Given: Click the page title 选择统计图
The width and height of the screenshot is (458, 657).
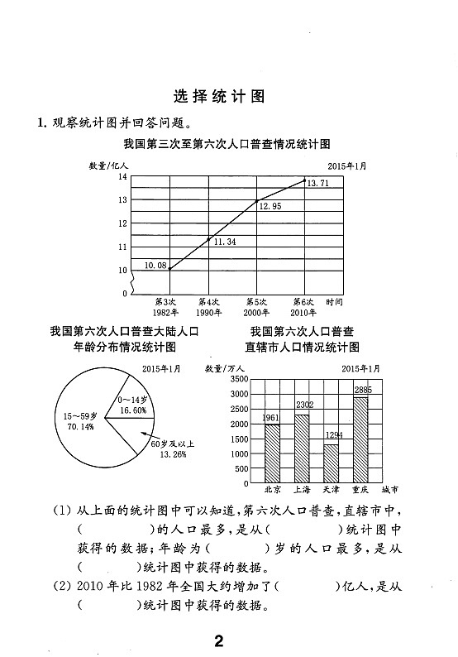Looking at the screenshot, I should (220, 95).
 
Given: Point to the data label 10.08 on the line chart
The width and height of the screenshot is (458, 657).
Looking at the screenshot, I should (155, 266).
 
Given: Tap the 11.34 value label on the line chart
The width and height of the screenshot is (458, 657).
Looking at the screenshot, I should (225, 242).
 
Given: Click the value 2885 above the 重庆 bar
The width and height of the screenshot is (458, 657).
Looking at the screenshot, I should (363, 390).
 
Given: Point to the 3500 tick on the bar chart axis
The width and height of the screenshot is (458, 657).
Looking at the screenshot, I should (239, 378).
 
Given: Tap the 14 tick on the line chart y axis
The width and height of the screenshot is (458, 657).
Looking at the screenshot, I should (122, 177).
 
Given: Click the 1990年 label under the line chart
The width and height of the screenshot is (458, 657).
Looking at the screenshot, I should (209, 313).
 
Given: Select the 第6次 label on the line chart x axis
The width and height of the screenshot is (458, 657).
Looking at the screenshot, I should (303, 302).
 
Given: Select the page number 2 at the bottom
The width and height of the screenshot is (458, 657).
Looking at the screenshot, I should (219, 640).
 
